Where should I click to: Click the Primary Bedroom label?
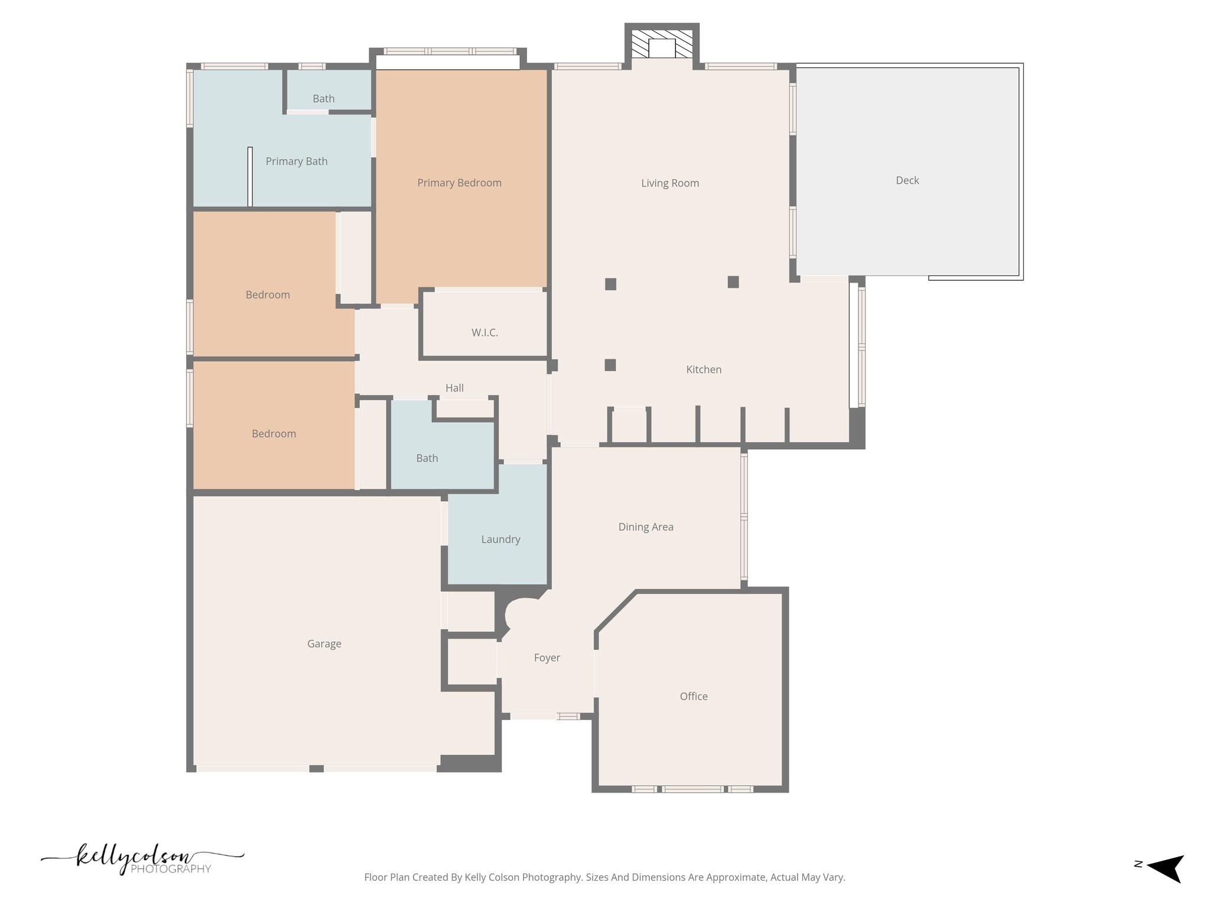point(459,183)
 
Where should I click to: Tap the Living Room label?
point(670,183)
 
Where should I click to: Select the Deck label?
point(907,180)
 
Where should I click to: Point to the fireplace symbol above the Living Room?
point(662,44)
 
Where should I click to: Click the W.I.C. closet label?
point(484,333)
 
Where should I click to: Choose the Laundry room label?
point(500,539)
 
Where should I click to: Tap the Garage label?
point(324,644)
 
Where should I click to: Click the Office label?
point(694,696)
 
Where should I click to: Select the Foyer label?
point(547,657)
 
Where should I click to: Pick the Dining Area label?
point(646,527)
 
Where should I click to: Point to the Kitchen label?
point(704,369)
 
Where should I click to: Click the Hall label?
point(454,388)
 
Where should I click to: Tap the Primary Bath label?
point(296,161)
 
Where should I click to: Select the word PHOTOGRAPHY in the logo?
point(170,869)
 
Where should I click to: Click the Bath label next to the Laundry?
point(427,458)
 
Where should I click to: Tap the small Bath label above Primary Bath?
point(323,99)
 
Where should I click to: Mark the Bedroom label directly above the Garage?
point(274,433)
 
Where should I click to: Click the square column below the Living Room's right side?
point(733,282)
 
